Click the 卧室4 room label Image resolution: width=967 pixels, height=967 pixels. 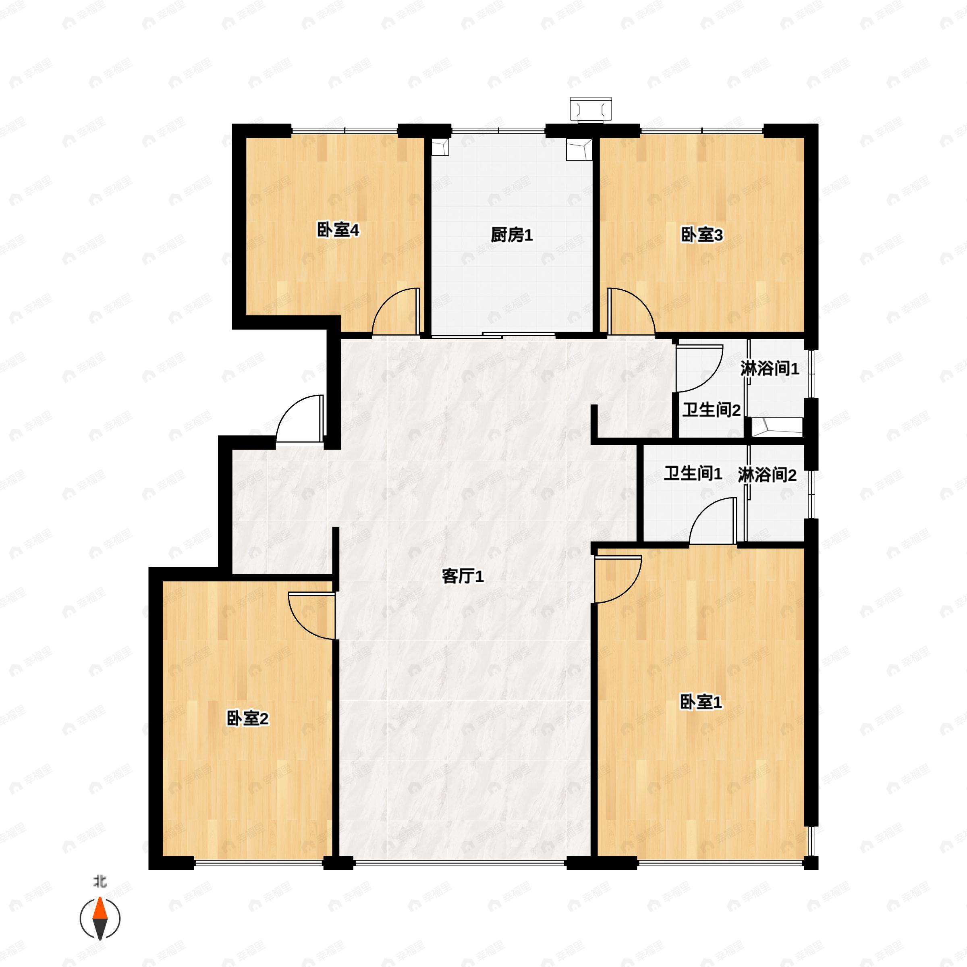tap(339, 231)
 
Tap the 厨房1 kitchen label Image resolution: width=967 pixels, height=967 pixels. tap(512, 235)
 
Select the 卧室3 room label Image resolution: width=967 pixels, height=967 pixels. tap(702, 235)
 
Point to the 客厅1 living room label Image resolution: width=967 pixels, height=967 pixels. tap(463, 577)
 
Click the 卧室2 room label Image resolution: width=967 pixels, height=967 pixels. tap(248, 719)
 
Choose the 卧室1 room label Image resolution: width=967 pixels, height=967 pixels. tap(701, 702)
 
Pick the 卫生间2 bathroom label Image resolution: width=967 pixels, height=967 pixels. tap(711, 411)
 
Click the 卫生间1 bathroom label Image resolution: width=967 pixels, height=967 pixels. tap(693, 473)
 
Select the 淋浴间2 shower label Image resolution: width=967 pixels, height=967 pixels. tap(767, 475)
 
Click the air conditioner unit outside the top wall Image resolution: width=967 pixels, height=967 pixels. tap(591, 109)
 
